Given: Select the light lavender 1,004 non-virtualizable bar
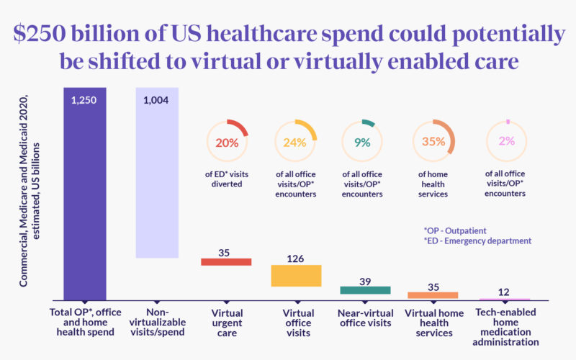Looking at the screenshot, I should click(157, 173).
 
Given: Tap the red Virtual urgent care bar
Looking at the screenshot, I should click(226, 261).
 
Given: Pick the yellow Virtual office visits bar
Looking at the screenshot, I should click(296, 276).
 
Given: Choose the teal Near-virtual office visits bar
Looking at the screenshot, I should click(365, 290).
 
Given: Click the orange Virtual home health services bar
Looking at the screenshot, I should click(433, 295).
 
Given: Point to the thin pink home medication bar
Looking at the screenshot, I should click(505, 299).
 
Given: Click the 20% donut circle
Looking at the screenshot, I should click(227, 142).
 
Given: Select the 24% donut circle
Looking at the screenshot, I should click(295, 142).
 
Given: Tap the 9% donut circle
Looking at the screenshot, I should click(363, 142).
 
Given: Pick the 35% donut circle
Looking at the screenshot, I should click(433, 142).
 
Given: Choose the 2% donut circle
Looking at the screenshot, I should click(507, 142).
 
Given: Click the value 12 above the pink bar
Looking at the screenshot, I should click(505, 291).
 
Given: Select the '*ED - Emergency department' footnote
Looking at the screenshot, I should click(478, 241).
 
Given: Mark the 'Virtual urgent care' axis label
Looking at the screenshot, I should click(228, 323).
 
